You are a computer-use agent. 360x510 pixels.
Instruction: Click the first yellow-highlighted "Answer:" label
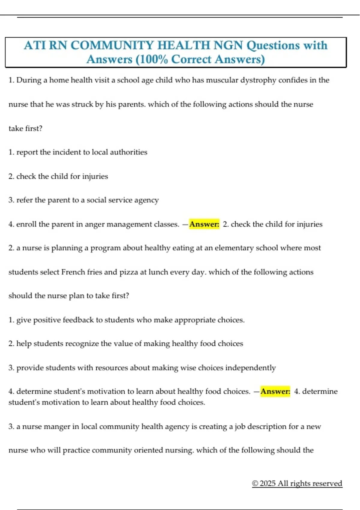(204, 224)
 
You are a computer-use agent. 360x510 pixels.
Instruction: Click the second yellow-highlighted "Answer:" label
(275, 391)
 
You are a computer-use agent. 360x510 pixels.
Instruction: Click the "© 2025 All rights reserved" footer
(297, 483)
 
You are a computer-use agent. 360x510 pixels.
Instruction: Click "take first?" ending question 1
(25, 128)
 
